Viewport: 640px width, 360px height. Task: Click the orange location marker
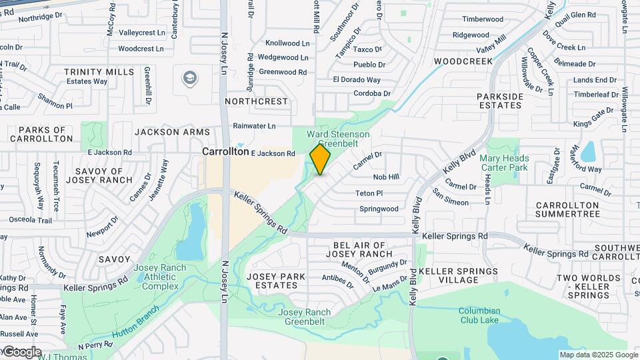[x=321, y=159]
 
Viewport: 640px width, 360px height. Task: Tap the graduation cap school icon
[x=190, y=79]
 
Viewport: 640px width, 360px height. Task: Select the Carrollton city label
[x=226, y=152]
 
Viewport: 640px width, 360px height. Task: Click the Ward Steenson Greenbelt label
[x=338, y=139]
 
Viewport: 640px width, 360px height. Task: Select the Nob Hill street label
[x=386, y=177]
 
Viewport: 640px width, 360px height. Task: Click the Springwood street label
[x=379, y=209]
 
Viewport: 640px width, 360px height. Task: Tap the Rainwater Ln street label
[x=254, y=125]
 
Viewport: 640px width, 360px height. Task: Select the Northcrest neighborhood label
[x=257, y=101]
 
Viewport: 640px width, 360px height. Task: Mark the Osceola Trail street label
[x=29, y=221]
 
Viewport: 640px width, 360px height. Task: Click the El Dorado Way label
[x=357, y=80]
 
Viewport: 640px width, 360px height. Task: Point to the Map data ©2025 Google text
[x=598, y=355]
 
